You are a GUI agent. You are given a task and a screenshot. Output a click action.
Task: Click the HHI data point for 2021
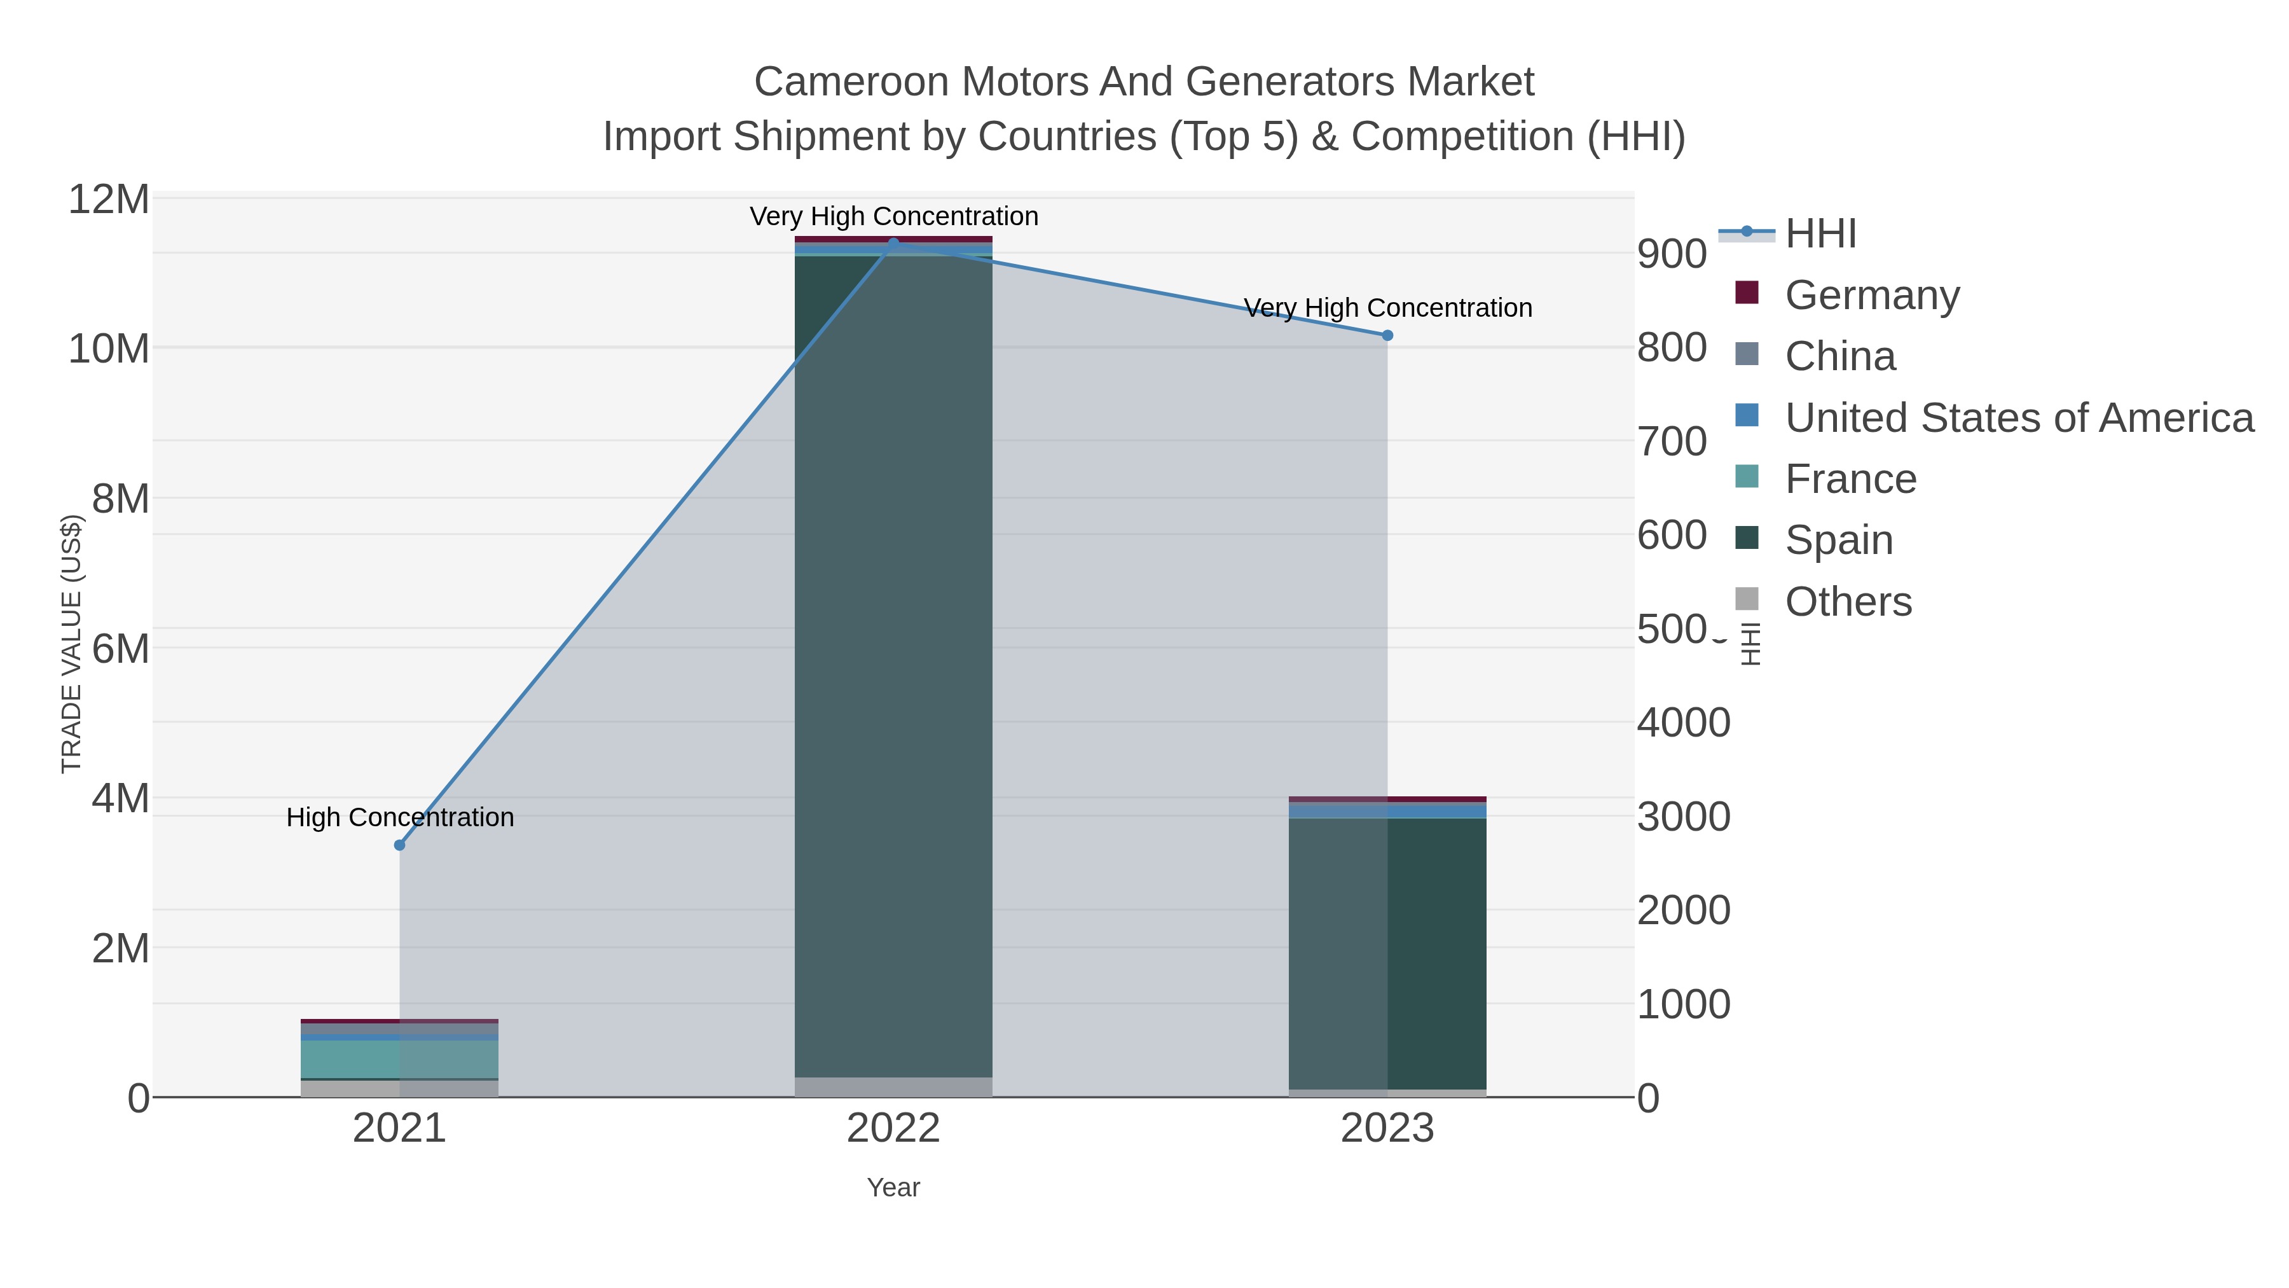pyautogui.click(x=400, y=845)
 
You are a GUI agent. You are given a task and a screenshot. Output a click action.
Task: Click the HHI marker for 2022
pyautogui.click(x=893, y=243)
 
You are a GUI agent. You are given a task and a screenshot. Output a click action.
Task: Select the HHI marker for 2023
pyautogui.click(x=1387, y=335)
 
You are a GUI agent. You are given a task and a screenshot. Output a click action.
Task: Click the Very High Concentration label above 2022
pyautogui.click(x=893, y=217)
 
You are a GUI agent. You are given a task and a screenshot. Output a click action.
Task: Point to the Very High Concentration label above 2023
pyautogui.click(x=1387, y=308)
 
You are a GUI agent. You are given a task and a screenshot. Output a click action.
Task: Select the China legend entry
pyautogui.click(x=1839, y=356)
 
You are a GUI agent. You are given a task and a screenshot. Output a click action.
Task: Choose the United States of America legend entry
pyautogui.click(x=2019, y=418)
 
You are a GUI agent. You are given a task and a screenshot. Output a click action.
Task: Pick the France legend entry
pyautogui.click(x=1850, y=479)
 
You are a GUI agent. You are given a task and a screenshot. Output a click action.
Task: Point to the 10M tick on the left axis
pyautogui.click(x=108, y=349)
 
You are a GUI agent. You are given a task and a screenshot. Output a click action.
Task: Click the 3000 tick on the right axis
pyautogui.click(x=1683, y=817)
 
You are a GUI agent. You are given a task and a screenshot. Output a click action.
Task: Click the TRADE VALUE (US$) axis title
pyautogui.click(x=71, y=644)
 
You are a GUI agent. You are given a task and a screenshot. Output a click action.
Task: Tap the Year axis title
pyautogui.click(x=893, y=1188)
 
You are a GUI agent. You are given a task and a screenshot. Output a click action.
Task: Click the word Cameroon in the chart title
pyautogui.click(x=851, y=83)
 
